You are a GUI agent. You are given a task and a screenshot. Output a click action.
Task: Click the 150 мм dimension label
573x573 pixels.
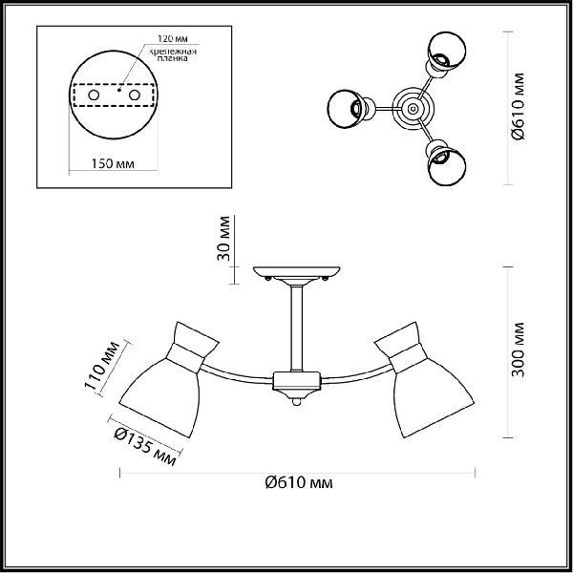[113, 163]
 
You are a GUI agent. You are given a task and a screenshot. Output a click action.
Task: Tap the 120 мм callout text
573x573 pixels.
[173, 38]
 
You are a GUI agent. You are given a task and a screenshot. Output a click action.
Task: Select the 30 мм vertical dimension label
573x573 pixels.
[223, 238]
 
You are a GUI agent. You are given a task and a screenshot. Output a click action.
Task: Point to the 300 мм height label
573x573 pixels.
[518, 350]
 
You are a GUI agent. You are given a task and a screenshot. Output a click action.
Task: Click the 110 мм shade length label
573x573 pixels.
[101, 366]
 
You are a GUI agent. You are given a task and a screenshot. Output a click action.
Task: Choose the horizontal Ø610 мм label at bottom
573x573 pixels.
[299, 482]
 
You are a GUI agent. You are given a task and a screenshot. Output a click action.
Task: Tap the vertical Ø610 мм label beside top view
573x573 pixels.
[518, 106]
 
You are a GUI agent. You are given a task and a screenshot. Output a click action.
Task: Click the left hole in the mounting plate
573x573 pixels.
[94, 95]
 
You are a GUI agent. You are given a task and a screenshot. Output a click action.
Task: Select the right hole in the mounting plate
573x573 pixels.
[135, 95]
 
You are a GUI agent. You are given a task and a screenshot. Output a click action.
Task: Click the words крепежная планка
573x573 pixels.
[173, 54]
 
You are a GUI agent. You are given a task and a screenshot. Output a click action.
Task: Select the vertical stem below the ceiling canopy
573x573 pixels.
[297, 329]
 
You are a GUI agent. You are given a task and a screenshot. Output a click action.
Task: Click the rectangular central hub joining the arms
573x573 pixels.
[297, 380]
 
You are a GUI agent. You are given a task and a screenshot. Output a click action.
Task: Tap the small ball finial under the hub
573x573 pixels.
[297, 402]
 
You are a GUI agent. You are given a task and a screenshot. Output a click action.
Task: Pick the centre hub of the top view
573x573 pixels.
[413, 109]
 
